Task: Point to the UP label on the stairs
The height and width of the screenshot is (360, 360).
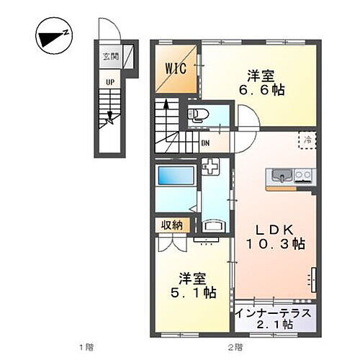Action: (110, 82)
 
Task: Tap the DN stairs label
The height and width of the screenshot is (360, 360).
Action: (205, 142)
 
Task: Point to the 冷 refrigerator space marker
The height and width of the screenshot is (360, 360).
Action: (307, 139)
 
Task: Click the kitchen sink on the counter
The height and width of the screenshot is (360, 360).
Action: (279, 176)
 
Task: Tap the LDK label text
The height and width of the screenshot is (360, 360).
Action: (273, 230)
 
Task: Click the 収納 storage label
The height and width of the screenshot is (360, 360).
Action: (172, 225)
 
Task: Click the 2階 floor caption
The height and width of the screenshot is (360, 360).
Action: (235, 348)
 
